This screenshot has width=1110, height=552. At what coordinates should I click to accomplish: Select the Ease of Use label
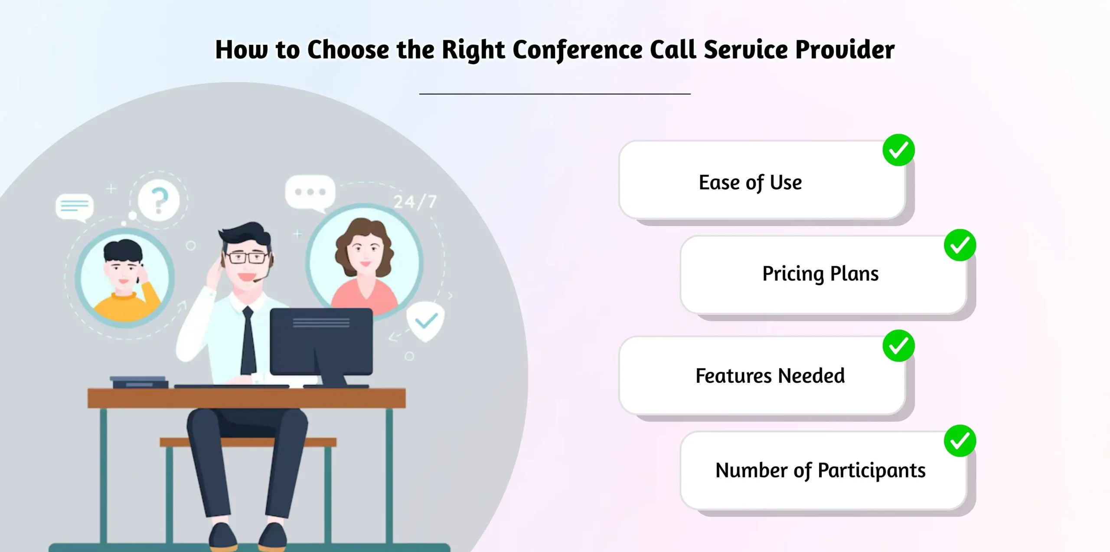click(750, 182)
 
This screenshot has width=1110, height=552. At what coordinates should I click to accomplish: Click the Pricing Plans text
click(820, 274)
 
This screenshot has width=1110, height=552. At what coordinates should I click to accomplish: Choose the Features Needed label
click(770, 376)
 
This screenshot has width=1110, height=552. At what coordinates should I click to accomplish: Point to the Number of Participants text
click(820, 470)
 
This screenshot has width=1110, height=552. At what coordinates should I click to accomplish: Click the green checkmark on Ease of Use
click(898, 150)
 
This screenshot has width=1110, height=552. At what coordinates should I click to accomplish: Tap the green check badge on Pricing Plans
click(960, 245)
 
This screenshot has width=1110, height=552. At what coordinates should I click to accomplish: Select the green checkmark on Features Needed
click(898, 346)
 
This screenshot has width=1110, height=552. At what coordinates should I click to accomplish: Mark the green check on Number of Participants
click(960, 441)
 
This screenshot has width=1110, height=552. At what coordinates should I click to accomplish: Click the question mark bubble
click(159, 200)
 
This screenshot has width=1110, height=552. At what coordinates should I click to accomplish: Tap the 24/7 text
click(415, 202)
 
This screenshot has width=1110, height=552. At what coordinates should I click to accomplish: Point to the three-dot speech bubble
click(310, 192)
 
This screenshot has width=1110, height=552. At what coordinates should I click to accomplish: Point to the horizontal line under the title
click(555, 93)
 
